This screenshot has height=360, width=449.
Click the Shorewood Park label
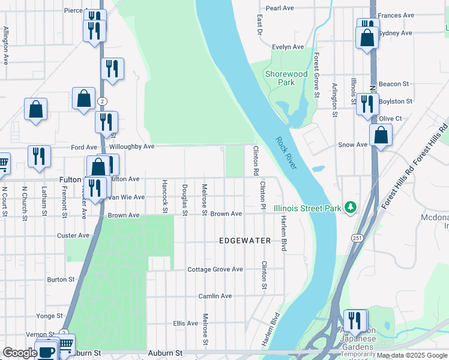click(x=286, y=79)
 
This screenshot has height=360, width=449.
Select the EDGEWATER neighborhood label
click(x=244, y=241)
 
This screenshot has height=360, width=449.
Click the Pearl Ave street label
click(x=280, y=8)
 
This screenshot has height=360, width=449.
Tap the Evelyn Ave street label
click(x=288, y=47)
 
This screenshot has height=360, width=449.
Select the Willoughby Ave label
click(x=132, y=146)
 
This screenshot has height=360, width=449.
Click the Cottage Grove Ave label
click(x=215, y=269)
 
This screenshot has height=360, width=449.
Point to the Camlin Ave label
click(x=215, y=296)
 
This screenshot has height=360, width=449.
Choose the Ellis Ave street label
click(x=185, y=323)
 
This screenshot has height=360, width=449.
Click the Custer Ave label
click(x=73, y=236)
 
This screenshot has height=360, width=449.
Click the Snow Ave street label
click(x=353, y=145)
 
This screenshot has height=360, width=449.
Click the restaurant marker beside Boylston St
click(x=367, y=104)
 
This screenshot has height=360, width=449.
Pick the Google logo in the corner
click(x=20, y=353)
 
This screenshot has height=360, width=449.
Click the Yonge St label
click(x=49, y=316)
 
